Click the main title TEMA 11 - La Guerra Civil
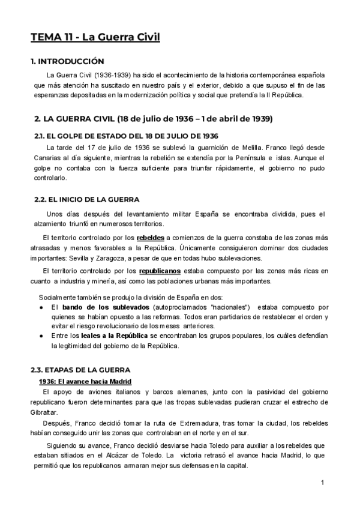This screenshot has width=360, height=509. click(x=95, y=37)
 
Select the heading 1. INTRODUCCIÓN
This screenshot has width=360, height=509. click(x=68, y=61)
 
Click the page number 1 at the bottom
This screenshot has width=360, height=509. click(x=322, y=482)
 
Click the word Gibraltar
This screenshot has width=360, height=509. click(x=45, y=412)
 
